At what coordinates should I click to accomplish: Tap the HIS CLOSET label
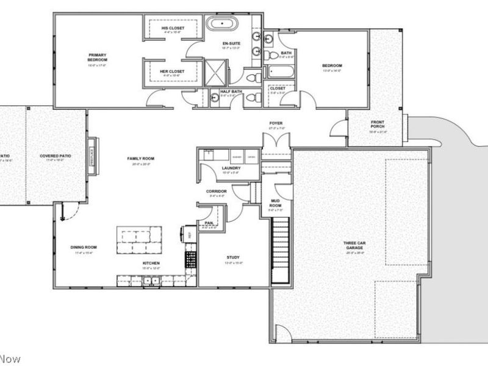coord(173,28)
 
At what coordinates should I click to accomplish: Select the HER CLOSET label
coord(172,71)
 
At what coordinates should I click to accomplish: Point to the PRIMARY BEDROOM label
coord(97,58)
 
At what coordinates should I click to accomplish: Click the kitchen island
coord(140,236)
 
